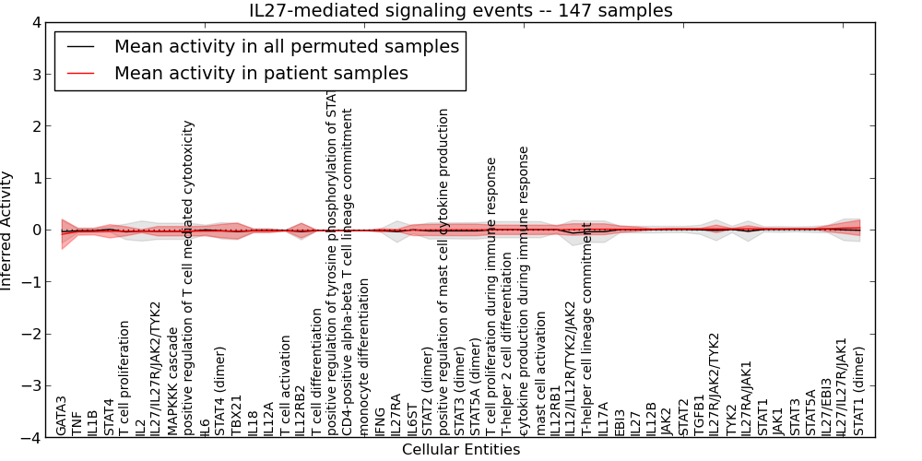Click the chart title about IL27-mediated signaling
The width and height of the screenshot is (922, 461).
[461, 11]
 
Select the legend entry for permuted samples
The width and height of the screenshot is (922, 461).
[286, 46]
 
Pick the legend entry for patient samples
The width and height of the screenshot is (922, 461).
[261, 73]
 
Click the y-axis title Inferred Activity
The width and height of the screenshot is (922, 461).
[7, 230]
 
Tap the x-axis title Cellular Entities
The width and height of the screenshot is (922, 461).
[461, 449]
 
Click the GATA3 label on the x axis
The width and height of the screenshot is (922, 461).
[61, 416]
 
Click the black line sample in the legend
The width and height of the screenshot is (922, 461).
[80, 46]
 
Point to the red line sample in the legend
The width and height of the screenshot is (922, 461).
[80, 73]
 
